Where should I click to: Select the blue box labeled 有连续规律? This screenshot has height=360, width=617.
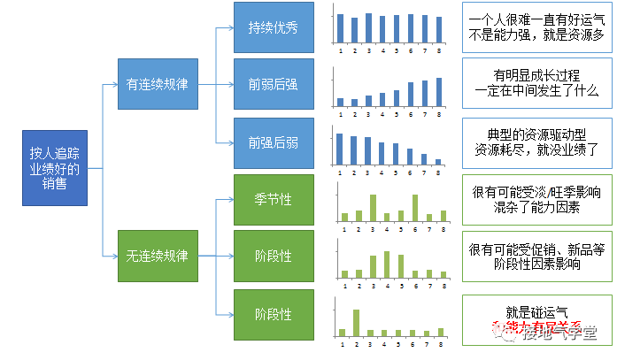[158, 85]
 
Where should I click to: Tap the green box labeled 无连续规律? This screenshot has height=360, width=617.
[158, 256]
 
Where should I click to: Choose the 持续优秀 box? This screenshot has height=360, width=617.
[274, 27]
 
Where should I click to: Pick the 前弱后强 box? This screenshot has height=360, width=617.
[274, 85]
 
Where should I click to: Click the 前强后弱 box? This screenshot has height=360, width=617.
[274, 142]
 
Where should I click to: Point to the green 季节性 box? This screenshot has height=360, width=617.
[274, 199]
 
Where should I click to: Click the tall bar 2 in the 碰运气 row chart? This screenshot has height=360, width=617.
[356, 322]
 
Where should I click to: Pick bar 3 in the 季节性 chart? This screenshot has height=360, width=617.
[372, 208]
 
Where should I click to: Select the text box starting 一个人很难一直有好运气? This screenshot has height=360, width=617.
[536, 26]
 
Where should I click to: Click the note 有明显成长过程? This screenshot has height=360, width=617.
[536, 83]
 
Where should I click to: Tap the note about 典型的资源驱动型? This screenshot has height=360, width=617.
[536, 142]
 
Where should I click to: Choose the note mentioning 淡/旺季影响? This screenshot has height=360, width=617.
[536, 199]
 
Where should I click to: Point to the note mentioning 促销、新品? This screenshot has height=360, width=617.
[536, 256]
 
